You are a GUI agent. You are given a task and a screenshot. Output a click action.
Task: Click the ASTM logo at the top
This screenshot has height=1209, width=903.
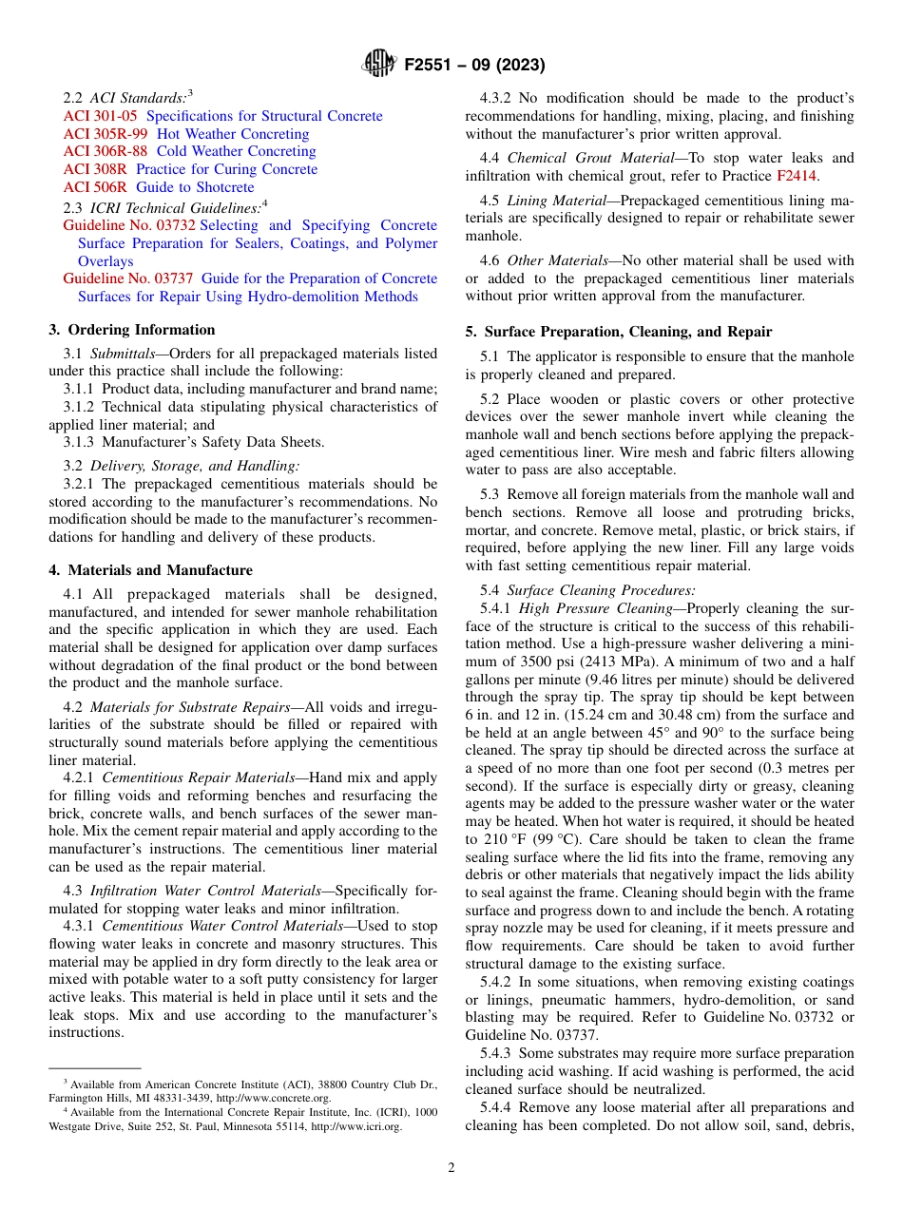click(x=379, y=65)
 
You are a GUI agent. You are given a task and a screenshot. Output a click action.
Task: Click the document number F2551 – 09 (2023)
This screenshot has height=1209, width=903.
click(x=474, y=66)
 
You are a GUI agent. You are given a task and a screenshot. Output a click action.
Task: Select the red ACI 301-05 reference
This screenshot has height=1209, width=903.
click(x=100, y=116)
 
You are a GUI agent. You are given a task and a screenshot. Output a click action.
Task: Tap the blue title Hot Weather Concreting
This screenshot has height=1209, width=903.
click(x=233, y=134)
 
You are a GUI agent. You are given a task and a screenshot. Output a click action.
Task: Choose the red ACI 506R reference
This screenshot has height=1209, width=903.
click(x=95, y=187)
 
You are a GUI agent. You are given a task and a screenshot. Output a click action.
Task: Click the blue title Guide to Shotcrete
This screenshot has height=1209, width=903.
click(x=195, y=187)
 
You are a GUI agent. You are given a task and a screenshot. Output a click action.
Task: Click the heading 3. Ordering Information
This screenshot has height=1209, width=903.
click(x=132, y=330)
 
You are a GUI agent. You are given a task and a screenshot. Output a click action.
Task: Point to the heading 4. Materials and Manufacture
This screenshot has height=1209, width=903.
click(x=150, y=570)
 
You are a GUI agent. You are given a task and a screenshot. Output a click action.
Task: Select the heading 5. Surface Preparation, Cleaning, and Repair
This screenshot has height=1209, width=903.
click(x=618, y=332)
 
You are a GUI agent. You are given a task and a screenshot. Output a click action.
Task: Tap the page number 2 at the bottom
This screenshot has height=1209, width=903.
click(x=451, y=1168)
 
